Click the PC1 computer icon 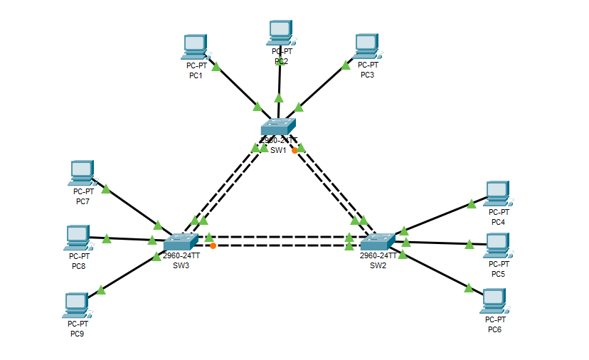click(195, 47)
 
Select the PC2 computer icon click(281, 33)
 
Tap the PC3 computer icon click(367, 46)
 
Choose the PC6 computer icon click(494, 301)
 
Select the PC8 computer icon click(78, 238)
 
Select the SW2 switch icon click(377, 241)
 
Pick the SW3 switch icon click(181, 242)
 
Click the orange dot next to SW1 click(294, 150)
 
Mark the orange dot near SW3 click(213, 245)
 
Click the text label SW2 click(378, 265)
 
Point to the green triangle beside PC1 click(216, 67)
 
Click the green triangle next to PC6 click(469, 287)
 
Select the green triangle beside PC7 click(106, 189)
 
